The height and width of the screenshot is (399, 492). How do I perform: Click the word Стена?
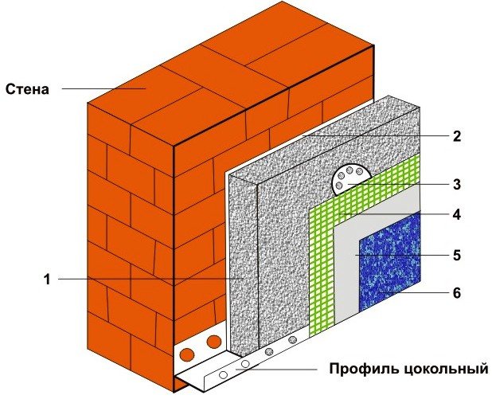pos(28,88)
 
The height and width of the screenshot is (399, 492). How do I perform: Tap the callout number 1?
pos(48,279)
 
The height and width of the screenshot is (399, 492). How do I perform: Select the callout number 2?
pos(456,136)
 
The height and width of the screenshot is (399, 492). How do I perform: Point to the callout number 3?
pos(456,185)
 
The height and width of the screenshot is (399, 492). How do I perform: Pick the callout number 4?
pos(456,214)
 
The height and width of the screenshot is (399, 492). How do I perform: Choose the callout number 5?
pos(456,255)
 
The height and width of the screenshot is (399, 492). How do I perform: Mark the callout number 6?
pos(456,293)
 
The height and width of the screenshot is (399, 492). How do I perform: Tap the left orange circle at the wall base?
pos(188,353)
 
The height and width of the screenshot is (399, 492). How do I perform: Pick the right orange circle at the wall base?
pos(213,343)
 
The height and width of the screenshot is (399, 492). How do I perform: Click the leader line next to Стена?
pos(103,88)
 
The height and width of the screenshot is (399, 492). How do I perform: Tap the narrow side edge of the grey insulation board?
pos(243,263)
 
